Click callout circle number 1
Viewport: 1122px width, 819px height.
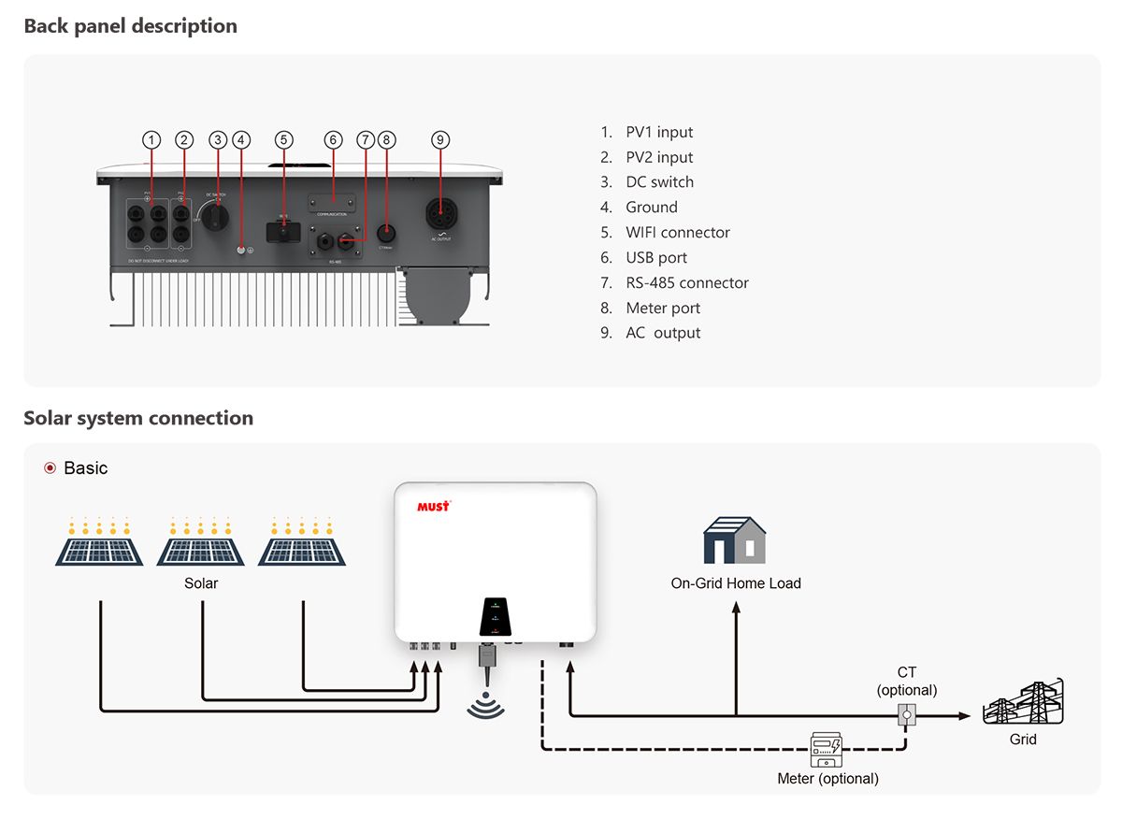coord(151,140)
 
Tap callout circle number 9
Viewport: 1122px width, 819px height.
coord(440,140)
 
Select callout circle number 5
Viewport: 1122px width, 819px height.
coord(284,140)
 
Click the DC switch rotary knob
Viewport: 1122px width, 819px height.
coord(217,216)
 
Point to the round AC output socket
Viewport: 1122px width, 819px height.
coord(440,216)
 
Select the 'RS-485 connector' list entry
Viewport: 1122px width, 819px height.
coord(687,282)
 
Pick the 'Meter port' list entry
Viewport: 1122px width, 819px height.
coord(663,308)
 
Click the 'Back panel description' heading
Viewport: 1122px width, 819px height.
coord(130,26)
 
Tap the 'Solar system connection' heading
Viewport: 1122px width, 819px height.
coord(138,418)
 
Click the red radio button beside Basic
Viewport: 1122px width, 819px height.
coord(50,467)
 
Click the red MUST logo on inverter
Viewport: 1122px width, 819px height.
coord(433,506)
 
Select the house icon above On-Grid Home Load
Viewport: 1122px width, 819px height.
coord(735,540)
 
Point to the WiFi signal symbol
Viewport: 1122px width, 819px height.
coord(485,707)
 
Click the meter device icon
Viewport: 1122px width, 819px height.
coord(827,749)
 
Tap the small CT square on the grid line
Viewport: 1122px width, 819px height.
coord(905,716)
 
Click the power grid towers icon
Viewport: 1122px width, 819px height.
coord(1023,702)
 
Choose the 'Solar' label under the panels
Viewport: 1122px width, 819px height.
coord(201,583)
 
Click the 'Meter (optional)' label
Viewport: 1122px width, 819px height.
coord(827,779)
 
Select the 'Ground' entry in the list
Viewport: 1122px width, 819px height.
coord(652,207)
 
